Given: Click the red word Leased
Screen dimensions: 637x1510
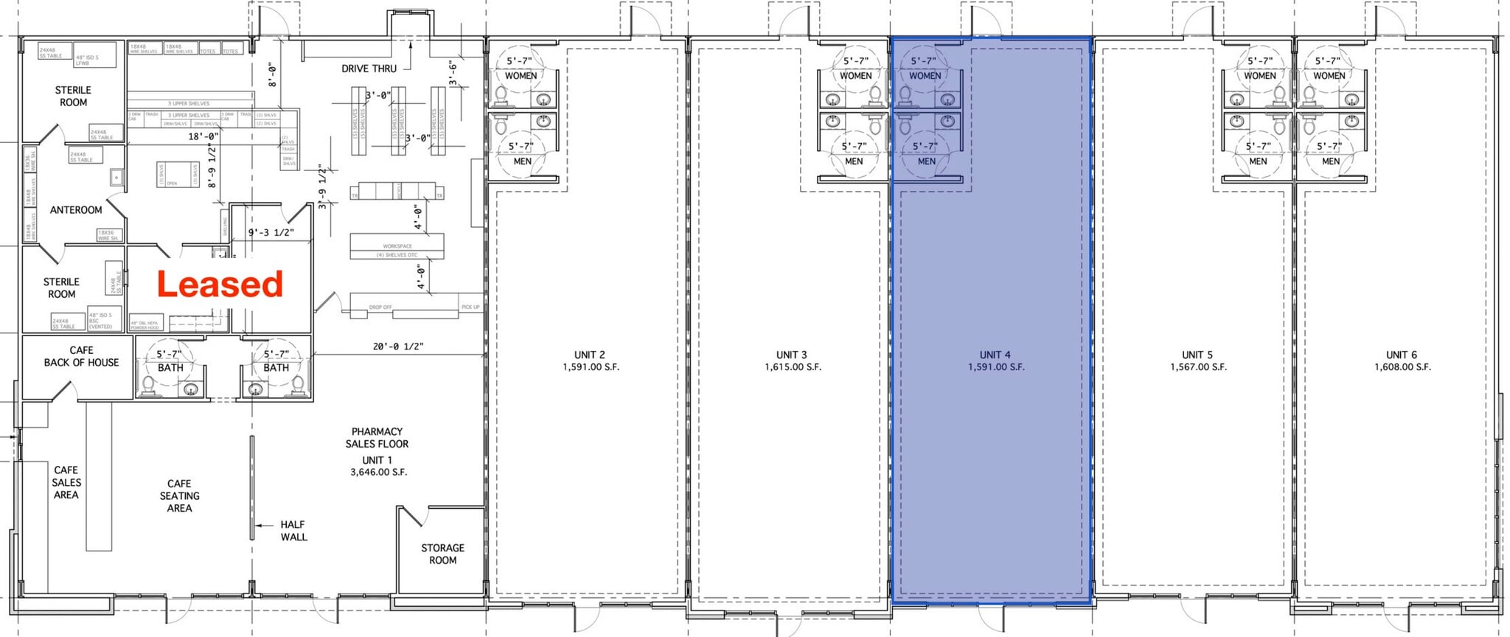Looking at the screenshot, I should [220, 285].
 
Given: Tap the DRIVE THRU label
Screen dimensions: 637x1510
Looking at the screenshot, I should [369, 69].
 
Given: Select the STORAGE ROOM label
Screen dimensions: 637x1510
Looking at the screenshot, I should [442, 554].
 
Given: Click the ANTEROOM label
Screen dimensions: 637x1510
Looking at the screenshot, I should [76, 210].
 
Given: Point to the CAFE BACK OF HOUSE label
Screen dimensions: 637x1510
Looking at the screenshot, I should [81, 356].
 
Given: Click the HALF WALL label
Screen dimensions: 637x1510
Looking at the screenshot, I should [293, 531].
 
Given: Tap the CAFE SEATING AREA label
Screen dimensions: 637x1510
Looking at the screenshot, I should [179, 496].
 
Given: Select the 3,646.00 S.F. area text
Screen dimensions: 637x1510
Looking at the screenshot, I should [378, 472].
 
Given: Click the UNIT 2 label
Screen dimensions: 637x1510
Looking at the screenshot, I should [590, 355].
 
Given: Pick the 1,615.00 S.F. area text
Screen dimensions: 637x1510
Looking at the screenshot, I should [793, 366].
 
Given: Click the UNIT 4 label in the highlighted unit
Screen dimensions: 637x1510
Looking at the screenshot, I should [995, 355].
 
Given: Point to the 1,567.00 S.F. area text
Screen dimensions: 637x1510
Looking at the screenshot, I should [1198, 366].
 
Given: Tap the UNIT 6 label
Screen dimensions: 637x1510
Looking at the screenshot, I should [1401, 355].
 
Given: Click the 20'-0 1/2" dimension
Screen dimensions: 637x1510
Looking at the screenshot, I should [398, 347].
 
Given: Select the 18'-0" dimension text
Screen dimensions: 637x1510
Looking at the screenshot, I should [203, 136].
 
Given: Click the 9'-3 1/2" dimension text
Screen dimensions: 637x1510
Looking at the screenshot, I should [271, 233].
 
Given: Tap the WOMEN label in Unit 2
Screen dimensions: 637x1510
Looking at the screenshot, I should [521, 76].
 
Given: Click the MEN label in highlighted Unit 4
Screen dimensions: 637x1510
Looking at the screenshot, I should [927, 161].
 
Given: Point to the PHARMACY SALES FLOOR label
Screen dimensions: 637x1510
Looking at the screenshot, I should [377, 438].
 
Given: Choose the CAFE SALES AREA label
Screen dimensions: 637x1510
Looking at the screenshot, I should [66, 482].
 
